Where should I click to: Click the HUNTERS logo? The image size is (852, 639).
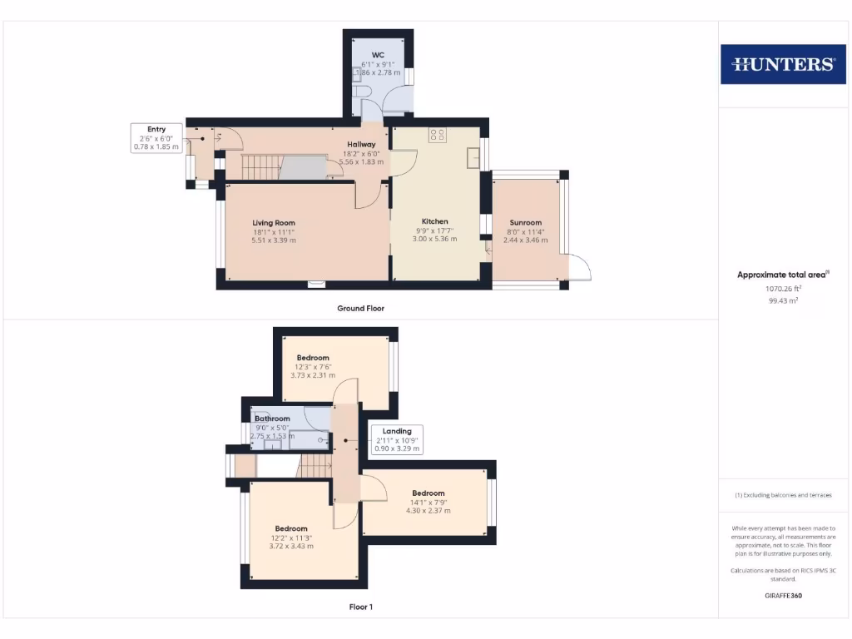pyautogui.click(x=783, y=64)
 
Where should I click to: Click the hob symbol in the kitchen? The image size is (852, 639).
pyautogui.click(x=437, y=134)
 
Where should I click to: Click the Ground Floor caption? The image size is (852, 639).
pyautogui.click(x=360, y=308)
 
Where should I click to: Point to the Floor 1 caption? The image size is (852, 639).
pyautogui.click(x=360, y=607)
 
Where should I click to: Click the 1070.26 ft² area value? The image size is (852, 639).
pyautogui.click(x=782, y=289)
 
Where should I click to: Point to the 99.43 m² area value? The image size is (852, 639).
pyautogui.click(x=782, y=301)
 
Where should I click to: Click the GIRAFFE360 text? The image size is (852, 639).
pyautogui.click(x=782, y=596)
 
